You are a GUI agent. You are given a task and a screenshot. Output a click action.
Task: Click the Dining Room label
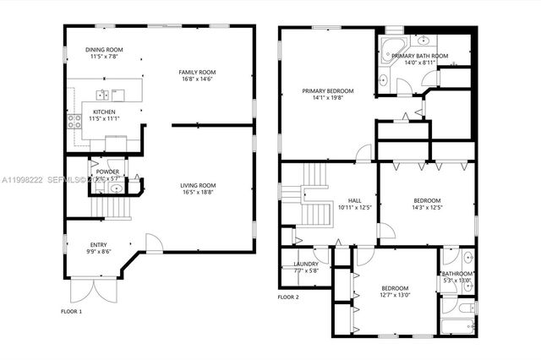[107, 50]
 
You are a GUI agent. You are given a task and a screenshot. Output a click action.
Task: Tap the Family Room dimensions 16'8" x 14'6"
[199, 81]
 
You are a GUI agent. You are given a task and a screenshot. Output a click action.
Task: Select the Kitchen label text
[105, 112]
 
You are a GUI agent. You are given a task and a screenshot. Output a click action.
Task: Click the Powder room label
[107, 172]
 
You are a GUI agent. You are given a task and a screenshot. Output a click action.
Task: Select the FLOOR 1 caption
[71, 312]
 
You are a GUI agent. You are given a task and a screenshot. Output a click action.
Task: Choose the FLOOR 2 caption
[288, 297]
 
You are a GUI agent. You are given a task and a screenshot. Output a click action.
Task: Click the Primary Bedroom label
[328, 90]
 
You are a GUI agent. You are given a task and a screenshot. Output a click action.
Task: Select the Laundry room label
[306, 264]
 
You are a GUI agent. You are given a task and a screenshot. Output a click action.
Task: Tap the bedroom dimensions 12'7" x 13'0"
[395, 295]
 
